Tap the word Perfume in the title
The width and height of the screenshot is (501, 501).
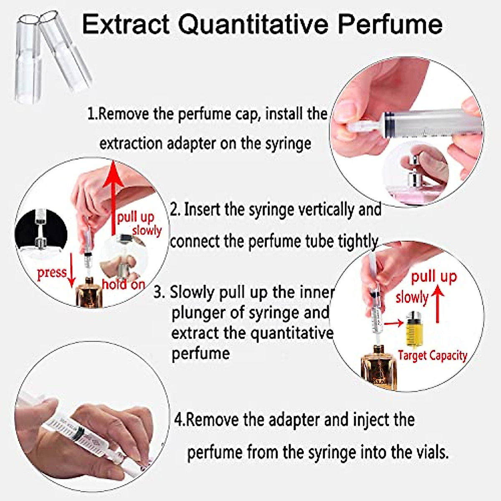(390, 24)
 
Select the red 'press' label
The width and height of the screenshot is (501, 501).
(52, 273)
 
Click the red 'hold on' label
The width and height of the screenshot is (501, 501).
(123, 284)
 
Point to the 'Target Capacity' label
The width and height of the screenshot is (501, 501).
(432, 355)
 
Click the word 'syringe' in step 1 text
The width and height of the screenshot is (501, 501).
(288, 143)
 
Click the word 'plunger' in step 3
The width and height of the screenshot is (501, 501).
(194, 312)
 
